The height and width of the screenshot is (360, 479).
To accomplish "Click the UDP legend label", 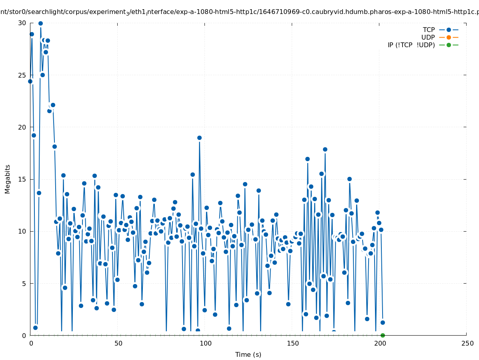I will click(x=428, y=37).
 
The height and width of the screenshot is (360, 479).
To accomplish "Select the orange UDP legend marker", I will click(x=449, y=37).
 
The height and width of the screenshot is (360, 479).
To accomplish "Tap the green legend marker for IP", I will click(x=449, y=45).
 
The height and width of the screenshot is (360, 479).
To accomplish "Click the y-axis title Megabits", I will click(x=8, y=179).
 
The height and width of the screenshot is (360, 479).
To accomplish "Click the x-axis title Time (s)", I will click(x=248, y=354).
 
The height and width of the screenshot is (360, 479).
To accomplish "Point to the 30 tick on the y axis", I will click(x=22, y=23).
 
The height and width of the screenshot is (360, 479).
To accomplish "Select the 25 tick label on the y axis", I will click(x=22, y=75).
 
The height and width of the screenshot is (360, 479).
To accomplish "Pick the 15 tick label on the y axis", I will click(x=22, y=179).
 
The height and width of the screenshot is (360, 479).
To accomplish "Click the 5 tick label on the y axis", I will click(x=24, y=283).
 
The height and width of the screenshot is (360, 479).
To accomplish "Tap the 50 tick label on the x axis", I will click(x=118, y=343).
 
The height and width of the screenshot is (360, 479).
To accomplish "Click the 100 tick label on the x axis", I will click(x=205, y=343).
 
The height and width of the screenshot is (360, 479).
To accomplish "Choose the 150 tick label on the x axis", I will click(x=293, y=343).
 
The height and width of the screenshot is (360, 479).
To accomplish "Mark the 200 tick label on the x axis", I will click(x=380, y=343).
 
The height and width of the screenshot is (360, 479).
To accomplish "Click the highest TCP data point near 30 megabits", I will click(x=40, y=23).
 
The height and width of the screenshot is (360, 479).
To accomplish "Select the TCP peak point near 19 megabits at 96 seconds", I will click(x=199, y=138).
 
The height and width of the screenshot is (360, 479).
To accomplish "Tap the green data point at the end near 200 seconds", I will click(x=383, y=335).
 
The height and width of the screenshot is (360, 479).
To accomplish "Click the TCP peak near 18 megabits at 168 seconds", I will click(x=325, y=149).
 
